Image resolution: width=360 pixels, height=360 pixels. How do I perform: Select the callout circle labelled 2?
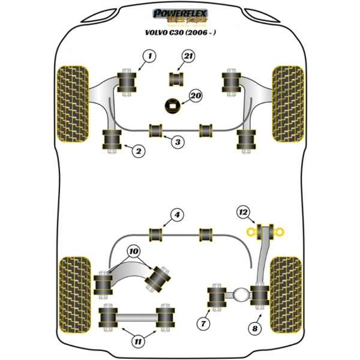[139, 151]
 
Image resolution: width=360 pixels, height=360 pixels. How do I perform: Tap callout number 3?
[178, 142]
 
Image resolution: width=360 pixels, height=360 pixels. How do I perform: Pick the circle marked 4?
[178, 215]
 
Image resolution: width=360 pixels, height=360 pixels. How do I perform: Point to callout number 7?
[205, 324]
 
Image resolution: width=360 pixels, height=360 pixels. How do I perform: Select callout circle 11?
[139, 342]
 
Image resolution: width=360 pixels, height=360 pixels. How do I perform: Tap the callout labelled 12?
[243, 212]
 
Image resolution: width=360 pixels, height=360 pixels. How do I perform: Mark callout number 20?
[195, 95]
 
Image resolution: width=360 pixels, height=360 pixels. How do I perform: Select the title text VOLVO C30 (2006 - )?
[180, 34]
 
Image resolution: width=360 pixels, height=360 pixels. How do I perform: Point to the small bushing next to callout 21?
[176, 78]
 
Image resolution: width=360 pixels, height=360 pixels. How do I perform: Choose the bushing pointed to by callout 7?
[217, 297]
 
